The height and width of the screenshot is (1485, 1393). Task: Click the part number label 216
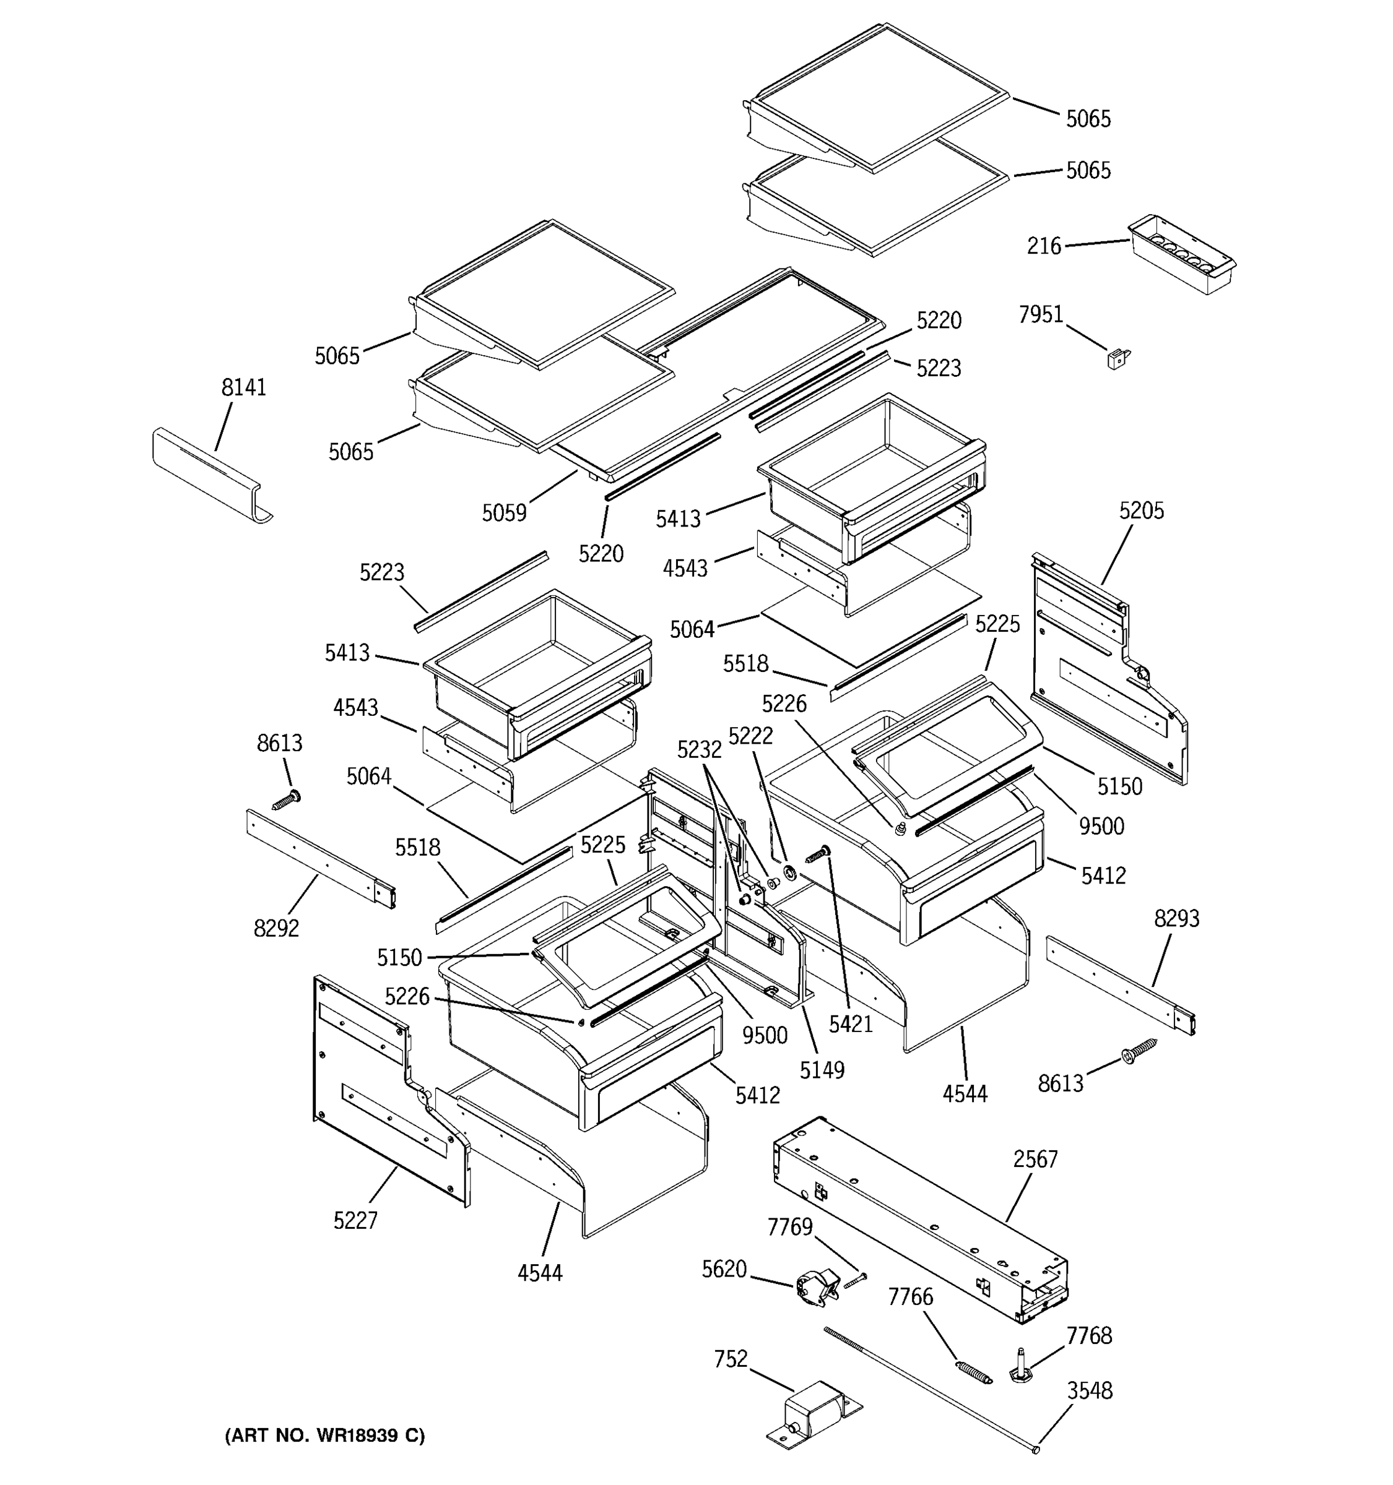1043,246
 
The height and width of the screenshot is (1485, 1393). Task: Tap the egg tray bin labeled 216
1180,256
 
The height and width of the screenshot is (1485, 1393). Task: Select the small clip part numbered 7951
1117,359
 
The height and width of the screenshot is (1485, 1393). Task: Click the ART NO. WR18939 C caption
324,1435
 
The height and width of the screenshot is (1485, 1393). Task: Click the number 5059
504,512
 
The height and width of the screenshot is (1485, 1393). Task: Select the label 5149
822,1070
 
